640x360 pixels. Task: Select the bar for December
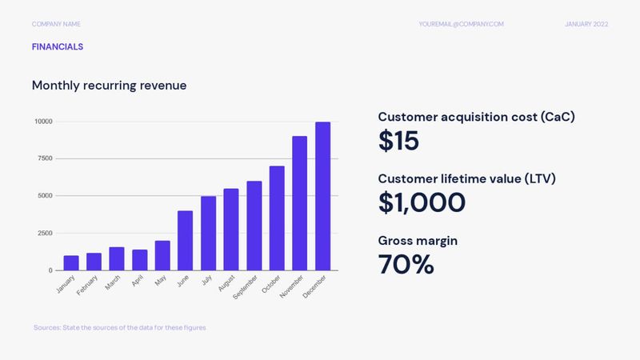click(322, 196)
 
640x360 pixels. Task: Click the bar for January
click(71, 263)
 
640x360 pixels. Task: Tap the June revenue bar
click(186, 241)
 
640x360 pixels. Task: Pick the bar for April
click(140, 260)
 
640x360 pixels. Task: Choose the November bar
click(299, 203)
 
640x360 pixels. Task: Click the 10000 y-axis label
click(42, 122)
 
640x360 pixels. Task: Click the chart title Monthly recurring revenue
click(109, 85)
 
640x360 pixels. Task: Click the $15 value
click(398, 142)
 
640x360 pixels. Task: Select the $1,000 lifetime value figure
click(421, 202)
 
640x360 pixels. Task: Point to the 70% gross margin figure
click(406, 263)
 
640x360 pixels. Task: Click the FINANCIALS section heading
click(58, 47)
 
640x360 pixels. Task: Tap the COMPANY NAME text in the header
click(57, 24)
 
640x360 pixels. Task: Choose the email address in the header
click(461, 24)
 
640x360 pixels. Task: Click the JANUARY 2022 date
click(586, 24)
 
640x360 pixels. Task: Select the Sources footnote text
click(120, 327)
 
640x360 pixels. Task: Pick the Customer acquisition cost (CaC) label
click(476, 117)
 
